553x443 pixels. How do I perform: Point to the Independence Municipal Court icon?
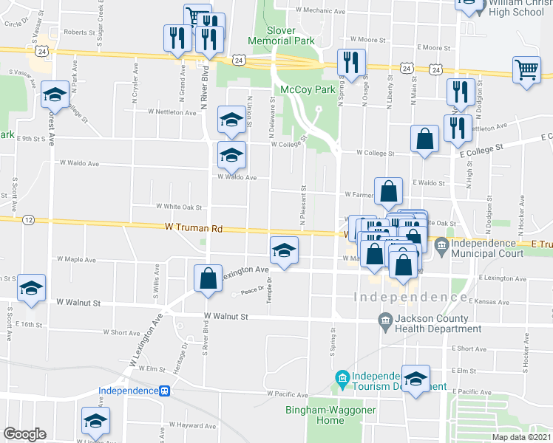pos(441,244)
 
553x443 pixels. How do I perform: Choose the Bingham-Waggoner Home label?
pos(321,415)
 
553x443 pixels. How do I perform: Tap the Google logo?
pos(24,434)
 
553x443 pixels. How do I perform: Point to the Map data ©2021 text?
pos(520,437)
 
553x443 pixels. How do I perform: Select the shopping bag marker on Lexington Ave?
pos(208,279)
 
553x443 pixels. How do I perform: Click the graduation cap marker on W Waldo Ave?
pos(231,155)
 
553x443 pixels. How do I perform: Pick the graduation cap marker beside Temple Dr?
pos(284,250)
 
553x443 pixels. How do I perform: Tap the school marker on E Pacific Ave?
pos(415,378)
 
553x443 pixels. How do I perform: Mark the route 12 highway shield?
pos(27,219)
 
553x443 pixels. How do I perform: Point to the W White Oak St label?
pos(177,207)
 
